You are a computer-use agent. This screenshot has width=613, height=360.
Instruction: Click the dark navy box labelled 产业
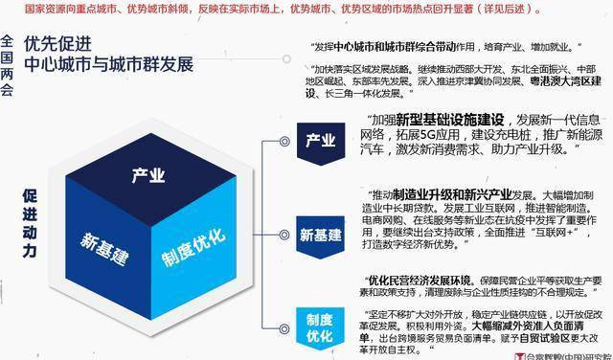320,141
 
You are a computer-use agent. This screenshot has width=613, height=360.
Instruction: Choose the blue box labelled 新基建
320,235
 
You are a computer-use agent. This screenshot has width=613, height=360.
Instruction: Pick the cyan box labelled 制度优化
320,323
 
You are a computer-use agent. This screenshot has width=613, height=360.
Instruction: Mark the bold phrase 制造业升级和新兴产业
443,192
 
